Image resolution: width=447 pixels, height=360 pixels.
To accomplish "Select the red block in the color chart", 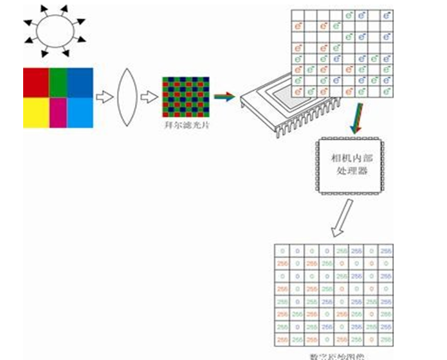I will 35,82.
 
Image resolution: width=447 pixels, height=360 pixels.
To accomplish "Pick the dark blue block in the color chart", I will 80,82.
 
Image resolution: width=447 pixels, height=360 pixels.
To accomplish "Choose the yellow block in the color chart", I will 35,113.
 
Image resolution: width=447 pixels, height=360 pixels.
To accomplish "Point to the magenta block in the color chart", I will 58,113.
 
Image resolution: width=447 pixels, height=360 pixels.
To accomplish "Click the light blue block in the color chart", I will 80,113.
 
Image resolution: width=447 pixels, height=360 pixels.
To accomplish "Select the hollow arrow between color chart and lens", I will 103,98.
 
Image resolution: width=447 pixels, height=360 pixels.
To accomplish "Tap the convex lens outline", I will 127,98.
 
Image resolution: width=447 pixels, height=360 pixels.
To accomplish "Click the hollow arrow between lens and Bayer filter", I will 149,98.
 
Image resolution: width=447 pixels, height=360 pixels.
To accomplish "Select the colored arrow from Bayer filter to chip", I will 224,97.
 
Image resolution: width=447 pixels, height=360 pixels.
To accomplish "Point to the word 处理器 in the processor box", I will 351,172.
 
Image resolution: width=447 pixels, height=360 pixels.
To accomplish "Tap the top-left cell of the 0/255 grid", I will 281,250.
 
